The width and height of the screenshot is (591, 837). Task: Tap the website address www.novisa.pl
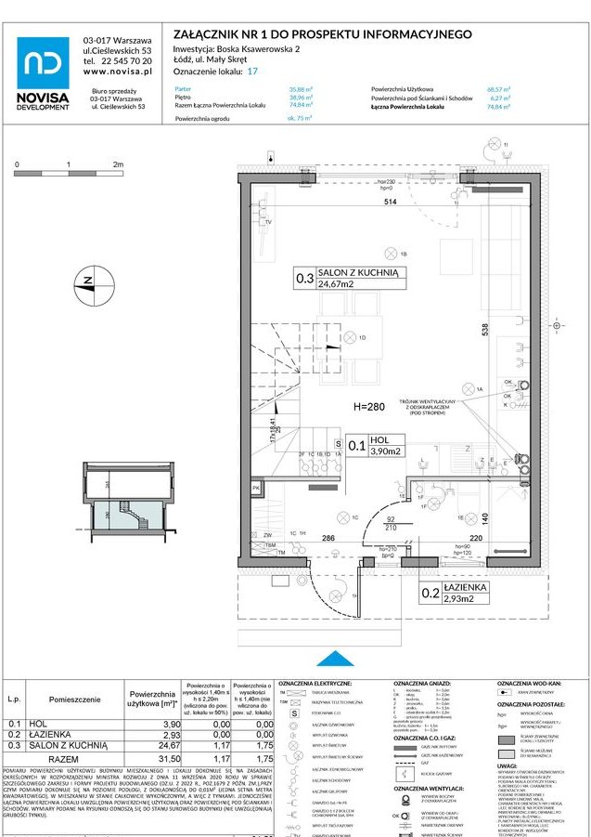(118, 72)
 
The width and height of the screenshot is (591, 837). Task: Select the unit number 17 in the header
(252, 71)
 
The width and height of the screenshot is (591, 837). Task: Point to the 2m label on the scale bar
(118, 163)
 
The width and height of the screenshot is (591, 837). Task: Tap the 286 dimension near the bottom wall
(328, 538)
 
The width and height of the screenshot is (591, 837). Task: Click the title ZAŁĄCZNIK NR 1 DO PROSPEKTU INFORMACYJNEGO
(323, 34)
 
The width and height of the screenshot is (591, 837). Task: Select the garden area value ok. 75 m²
(299, 119)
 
